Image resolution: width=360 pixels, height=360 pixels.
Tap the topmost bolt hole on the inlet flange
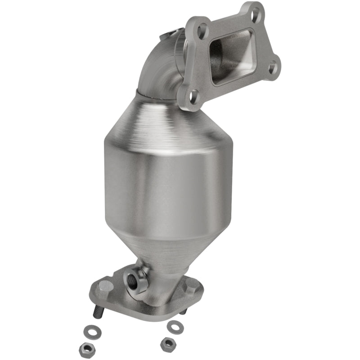coord(257,10)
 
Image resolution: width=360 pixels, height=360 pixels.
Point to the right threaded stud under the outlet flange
coord(182,311)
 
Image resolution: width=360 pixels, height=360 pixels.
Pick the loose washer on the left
coord(94,333)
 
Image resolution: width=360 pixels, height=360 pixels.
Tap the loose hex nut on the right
coord(167,344)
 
